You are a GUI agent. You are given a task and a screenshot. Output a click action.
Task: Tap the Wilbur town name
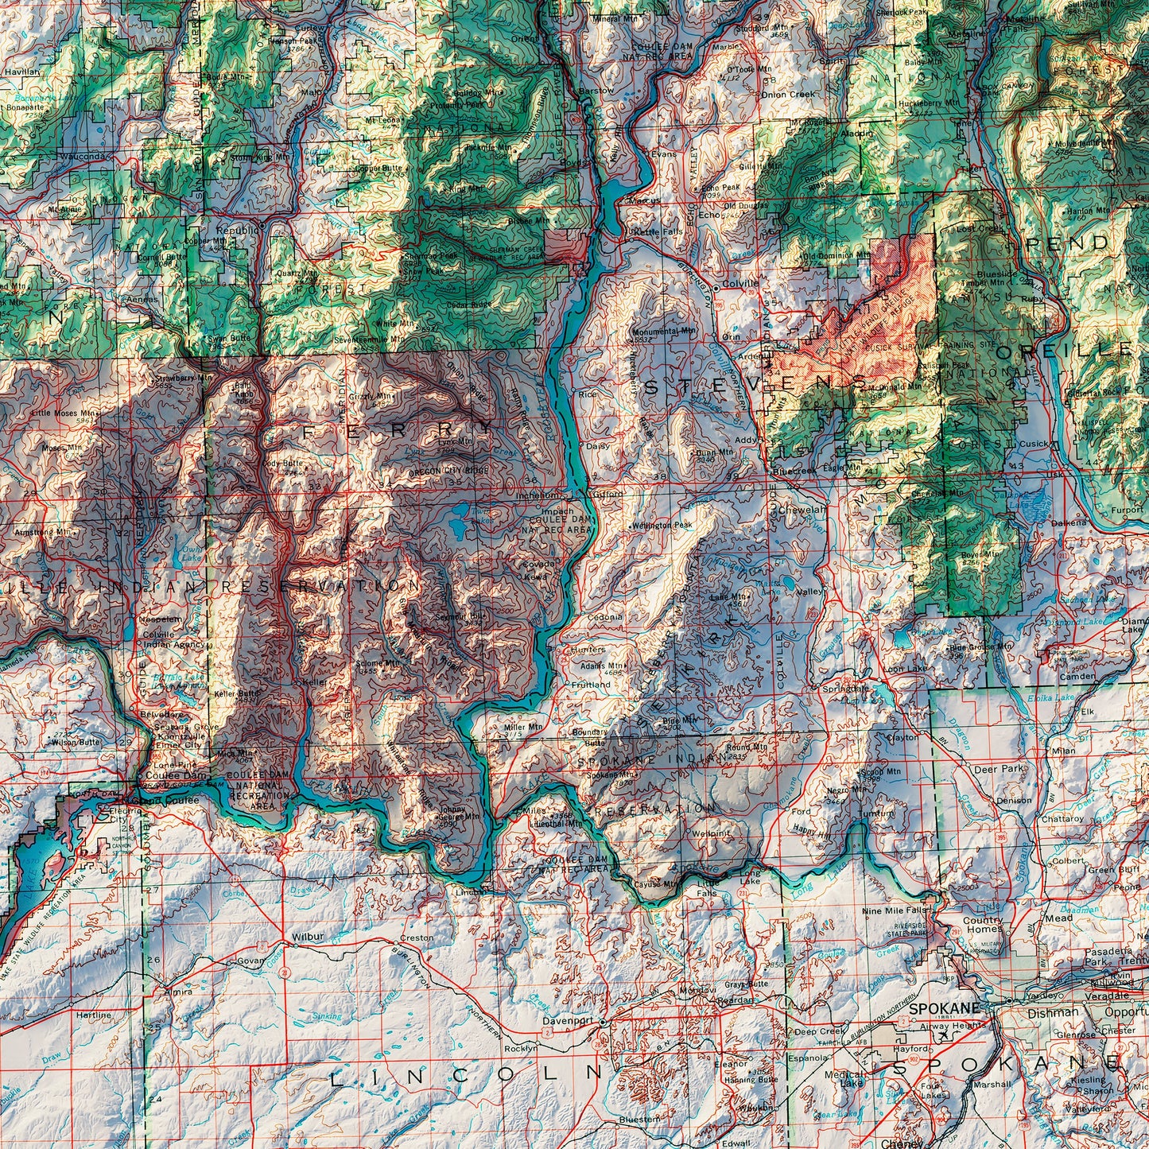(x=307, y=936)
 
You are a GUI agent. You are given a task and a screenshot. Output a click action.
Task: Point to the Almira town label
(x=177, y=992)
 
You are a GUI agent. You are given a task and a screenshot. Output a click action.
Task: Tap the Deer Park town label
(x=999, y=769)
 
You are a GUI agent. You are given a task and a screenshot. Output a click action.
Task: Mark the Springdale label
(x=846, y=688)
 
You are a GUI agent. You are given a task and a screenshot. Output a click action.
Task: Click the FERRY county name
(x=398, y=430)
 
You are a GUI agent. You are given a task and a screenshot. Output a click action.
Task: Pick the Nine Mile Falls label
(x=895, y=910)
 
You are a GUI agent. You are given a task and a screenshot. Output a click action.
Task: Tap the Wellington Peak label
(x=663, y=526)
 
